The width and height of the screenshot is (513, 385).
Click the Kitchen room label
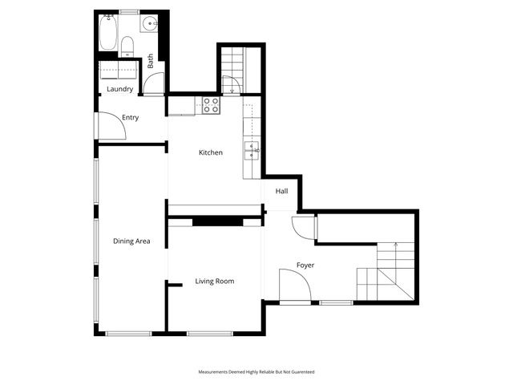pos(211,152)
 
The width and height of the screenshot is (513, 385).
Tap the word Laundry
pos(119,89)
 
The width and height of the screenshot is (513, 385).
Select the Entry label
pos(130,118)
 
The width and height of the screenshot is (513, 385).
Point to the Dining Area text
pos(131,241)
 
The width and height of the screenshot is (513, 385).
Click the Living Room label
pos(215,281)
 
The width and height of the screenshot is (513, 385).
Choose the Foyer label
pos(305,265)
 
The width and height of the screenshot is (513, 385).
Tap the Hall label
pos(281,192)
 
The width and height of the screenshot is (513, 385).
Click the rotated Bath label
pos(150,60)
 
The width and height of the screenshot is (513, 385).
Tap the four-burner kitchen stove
pos(211,104)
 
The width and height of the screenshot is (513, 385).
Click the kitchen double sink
pos(251,148)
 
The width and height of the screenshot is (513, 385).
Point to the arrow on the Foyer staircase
pos(397,245)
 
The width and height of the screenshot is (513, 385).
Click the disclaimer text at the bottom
pos(256,372)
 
